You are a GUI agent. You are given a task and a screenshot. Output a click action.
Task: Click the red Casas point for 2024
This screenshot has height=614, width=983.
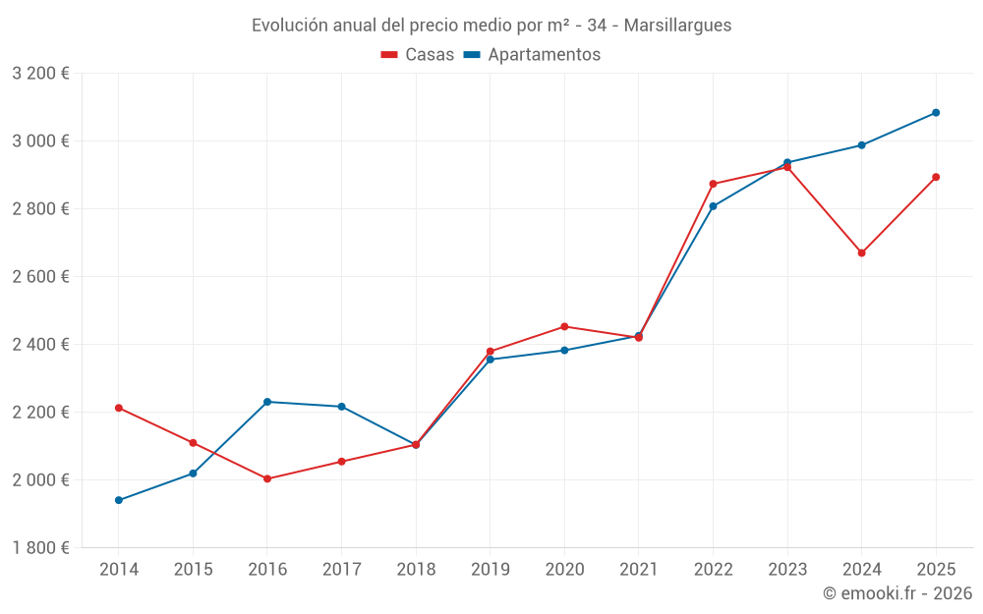coord(861,252)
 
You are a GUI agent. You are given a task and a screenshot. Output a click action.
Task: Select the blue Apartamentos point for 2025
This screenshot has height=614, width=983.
coord(936,112)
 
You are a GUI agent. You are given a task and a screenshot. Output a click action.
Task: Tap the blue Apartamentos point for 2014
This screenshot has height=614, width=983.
coord(119,500)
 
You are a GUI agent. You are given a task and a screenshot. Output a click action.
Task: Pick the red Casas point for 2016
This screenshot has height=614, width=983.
coord(267,478)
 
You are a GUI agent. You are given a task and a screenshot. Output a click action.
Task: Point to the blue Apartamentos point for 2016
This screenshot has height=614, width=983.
coord(267,402)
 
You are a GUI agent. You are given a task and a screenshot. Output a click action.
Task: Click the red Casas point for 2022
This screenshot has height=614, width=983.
coord(713,184)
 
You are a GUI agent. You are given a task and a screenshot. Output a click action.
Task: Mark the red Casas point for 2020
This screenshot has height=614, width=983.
coord(564,326)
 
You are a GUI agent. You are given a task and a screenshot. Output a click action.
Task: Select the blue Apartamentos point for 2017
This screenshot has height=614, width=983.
coord(341,407)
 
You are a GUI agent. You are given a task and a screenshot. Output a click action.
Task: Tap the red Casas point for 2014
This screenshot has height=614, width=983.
coord(119,408)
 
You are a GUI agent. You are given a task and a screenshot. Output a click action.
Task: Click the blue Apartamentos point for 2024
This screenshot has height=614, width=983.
coord(861,145)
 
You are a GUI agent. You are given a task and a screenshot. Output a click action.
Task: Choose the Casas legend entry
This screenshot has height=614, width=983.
coord(418,55)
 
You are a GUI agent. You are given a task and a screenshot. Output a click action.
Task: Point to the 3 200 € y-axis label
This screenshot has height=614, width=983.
coord(40,74)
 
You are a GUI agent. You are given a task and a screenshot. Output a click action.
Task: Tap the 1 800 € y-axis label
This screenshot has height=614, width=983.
coord(40,547)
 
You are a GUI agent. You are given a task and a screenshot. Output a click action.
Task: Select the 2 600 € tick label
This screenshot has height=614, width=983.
coord(40,276)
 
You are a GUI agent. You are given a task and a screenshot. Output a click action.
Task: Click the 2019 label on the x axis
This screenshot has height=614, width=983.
coord(490,569)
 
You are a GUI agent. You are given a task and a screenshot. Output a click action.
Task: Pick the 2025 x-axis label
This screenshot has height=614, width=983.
coord(936,569)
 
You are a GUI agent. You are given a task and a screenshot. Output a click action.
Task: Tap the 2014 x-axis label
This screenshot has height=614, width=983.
coord(119,569)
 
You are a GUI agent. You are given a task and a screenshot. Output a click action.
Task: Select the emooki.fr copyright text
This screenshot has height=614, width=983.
coord(897,593)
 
